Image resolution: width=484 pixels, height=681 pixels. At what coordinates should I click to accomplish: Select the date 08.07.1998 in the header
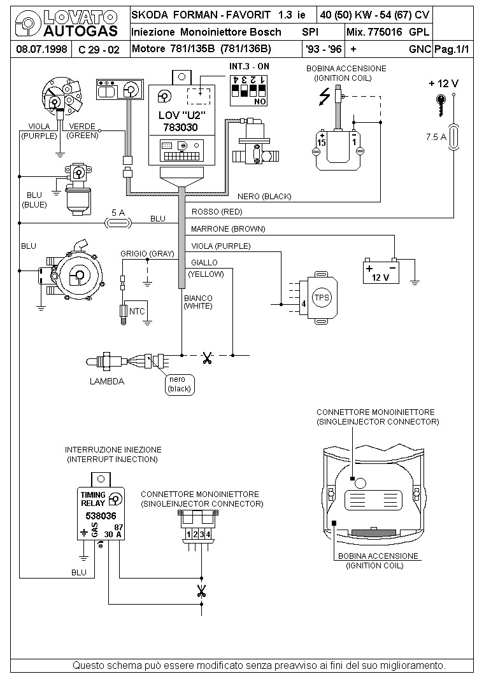[x=41, y=49]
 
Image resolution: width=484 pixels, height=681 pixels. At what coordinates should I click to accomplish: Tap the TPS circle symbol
[x=322, y=297]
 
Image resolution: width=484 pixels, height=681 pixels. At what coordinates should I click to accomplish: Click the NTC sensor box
[x=136, y=311]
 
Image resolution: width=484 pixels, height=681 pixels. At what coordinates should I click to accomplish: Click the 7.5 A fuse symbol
[x=453, y=137]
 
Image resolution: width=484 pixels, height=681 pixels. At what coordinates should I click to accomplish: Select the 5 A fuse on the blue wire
[x=118, y=223]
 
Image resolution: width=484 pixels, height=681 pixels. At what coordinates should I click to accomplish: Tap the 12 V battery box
[x=381, y=271]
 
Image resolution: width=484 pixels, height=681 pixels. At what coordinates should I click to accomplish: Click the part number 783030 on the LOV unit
[x=180, y=128]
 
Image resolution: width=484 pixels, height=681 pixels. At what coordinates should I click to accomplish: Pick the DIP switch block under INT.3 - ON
[x=248, y=90]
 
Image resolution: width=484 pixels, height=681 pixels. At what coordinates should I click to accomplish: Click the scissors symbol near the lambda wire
[x=207, y=357]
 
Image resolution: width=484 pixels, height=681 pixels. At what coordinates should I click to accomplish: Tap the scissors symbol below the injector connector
[x=201, y=591]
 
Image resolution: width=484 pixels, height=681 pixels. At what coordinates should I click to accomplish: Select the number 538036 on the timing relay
[x=101, y=516]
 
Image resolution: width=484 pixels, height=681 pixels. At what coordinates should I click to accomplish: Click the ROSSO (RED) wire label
[x=217, y=212]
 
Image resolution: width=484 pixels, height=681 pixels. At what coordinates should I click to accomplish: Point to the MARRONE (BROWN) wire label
[x=228, y=229]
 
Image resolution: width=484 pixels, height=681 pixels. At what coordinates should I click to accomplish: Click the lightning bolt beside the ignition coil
[x=325, y=97]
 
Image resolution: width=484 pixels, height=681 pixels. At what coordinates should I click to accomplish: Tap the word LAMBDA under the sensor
[x=107, y=381]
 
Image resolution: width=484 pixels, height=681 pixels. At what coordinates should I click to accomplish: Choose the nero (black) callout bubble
[x=180, y=384]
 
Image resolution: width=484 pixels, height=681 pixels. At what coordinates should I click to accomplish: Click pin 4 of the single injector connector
[x=208, y=534]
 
